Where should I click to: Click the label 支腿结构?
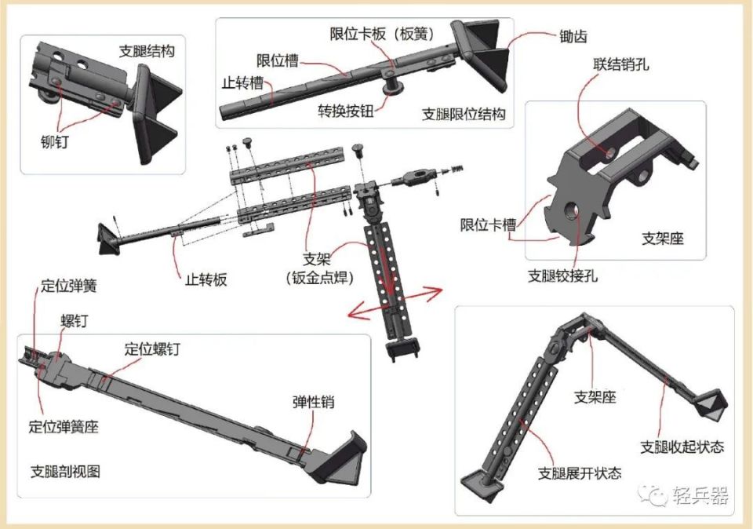click(147, 51)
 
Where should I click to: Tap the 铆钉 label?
click(54, 141)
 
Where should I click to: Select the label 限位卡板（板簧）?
click(382, 34)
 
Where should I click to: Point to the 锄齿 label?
click(573, 36)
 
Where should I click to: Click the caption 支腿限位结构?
click(464, 114)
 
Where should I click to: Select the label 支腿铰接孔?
click(563, 275)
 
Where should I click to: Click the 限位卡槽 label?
click(489, 224)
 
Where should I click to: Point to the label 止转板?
click(206, 279)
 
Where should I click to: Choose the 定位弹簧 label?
click(69, 286)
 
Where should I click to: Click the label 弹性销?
click(314, 402)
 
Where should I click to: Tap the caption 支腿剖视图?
click(65, 472)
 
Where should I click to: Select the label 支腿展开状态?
click(579, 473)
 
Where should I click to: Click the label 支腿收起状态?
click(682, 447)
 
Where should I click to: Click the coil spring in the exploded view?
click(456, 170)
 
